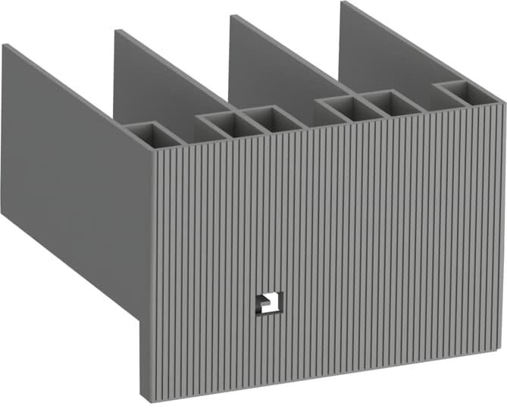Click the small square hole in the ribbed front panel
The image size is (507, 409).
click(269, 302)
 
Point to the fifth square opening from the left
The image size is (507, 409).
click(390, 102)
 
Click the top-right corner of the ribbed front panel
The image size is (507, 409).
click(501, 105)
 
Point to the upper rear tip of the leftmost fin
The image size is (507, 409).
click(4, 45)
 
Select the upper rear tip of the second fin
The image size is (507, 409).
click(116, 31)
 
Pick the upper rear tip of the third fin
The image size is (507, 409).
click(230, 17)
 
